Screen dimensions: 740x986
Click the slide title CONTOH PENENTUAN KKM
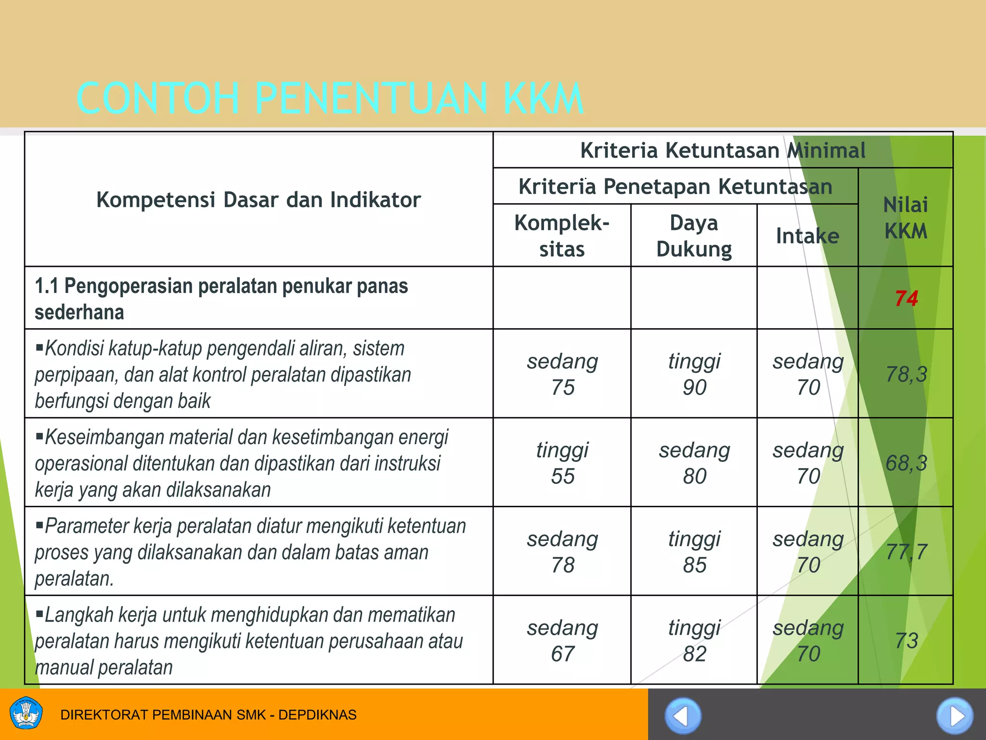coord(330,98)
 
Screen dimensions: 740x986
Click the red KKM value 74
coord(906,299)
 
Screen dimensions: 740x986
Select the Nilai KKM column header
coord(906,218)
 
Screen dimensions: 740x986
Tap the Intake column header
coord(807,236)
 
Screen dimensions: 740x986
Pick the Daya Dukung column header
coord(694,236)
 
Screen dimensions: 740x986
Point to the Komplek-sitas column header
coord(562,236)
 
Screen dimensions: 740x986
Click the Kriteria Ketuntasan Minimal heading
coord(723,150)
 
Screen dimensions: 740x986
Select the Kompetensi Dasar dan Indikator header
coord(259,199)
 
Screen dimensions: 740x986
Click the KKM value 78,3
coord(906,374)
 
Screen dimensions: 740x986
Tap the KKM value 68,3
coord(906,463)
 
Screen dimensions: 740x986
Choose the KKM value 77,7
coord(906,552)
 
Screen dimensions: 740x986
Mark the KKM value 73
coord(906,641)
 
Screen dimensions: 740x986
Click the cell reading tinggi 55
coord(562,463)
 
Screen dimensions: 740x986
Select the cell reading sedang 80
coord(694,463)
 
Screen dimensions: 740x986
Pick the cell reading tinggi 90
coord(694,374)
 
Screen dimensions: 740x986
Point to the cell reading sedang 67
coord(562,641)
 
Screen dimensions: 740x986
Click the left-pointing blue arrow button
coord(683,716)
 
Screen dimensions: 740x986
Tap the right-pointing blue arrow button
coord(954,716)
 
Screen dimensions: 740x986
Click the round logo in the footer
coord(26,714)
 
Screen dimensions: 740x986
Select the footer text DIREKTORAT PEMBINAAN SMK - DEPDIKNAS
coord(208,714)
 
